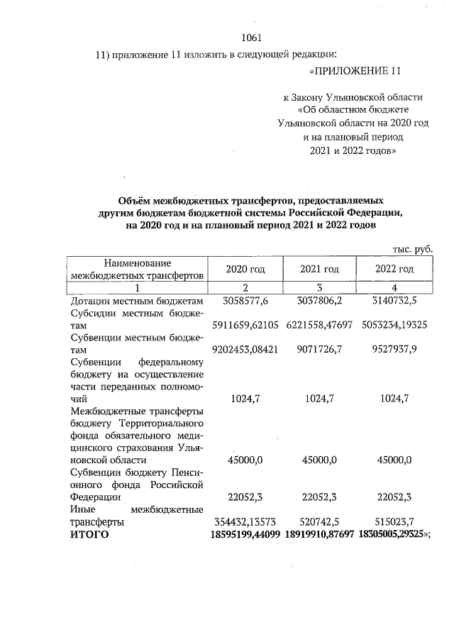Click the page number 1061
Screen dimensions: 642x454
252,38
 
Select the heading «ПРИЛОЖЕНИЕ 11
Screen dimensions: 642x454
355,72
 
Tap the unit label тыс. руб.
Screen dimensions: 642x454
412,248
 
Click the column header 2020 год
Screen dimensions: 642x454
245,269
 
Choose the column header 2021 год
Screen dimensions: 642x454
320,269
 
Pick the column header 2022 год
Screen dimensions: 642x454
394,269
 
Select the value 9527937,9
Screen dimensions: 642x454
394,349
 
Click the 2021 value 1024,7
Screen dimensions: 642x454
320,399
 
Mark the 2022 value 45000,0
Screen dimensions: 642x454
394,460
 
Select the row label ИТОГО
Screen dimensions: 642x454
90,534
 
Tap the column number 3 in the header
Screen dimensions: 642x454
320,287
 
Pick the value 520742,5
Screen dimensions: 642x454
320,521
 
